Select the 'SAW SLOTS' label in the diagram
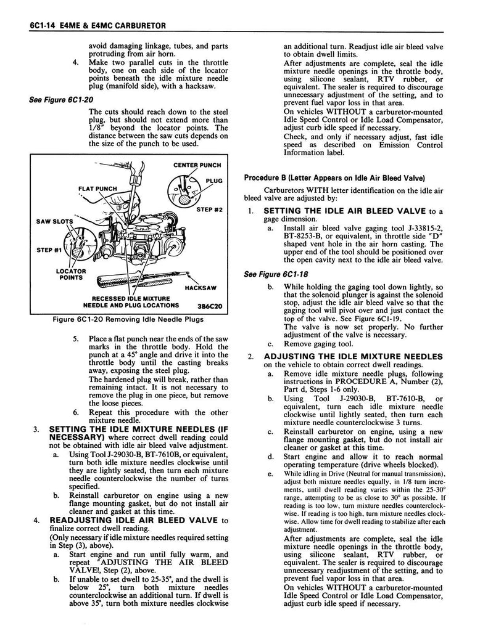tap(54, 221)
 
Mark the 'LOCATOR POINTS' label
tap(70, 275)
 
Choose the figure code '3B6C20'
tap(208, 305)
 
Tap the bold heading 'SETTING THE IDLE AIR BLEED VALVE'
tap(345, 211)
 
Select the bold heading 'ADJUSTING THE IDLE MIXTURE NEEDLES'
tap(353, 356)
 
